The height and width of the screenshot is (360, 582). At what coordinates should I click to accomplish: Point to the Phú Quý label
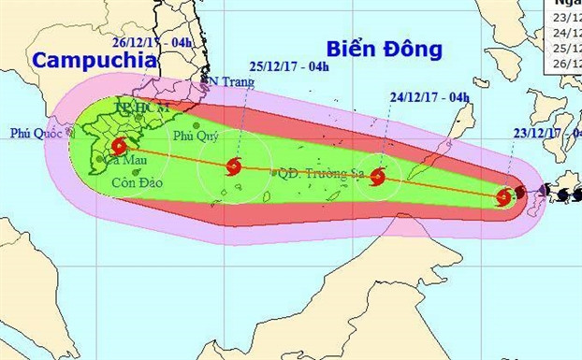point(196,138)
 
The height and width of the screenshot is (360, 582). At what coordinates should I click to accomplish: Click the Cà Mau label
point(123,161)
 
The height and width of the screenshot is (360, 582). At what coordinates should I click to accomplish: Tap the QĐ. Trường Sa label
point(315,172)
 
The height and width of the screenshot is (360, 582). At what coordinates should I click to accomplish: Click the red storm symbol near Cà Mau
point(119,146)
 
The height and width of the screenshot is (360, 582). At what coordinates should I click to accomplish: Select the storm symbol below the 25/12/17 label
point(234,167)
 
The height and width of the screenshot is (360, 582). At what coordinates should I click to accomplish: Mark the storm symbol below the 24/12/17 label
point(378,176)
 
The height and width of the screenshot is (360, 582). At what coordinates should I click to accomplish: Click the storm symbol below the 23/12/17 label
point(503,196)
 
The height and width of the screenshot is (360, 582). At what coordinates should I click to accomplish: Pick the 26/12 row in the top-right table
point(567,62)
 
